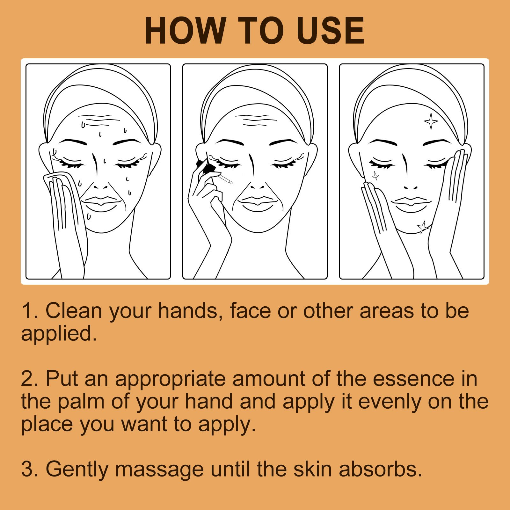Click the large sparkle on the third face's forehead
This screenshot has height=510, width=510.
(431, 121)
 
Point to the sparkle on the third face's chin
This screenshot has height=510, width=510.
(423, 227)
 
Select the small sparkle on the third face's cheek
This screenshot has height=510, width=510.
(375, 175)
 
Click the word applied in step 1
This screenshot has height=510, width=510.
(59, 334)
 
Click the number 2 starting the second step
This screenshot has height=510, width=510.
(26, 379)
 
